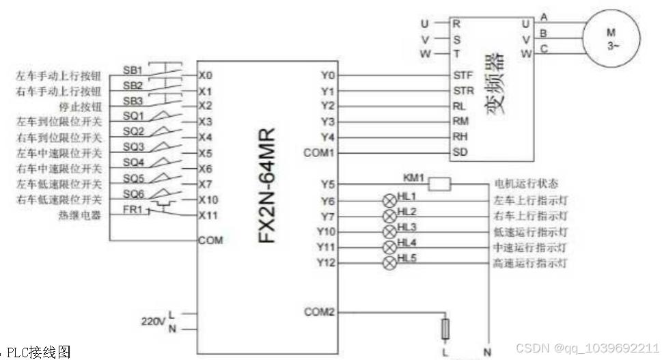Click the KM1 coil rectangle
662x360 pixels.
[441, 184]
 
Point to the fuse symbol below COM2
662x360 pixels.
[446, 329]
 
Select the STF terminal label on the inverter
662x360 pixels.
[462, 75]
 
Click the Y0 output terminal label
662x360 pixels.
[327, 75]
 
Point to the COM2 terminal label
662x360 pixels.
[319, 312]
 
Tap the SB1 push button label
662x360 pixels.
[133, 70]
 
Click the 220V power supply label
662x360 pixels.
[152, 320]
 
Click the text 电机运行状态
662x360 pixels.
[526, 184]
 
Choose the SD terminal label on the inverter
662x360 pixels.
[460, 152]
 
